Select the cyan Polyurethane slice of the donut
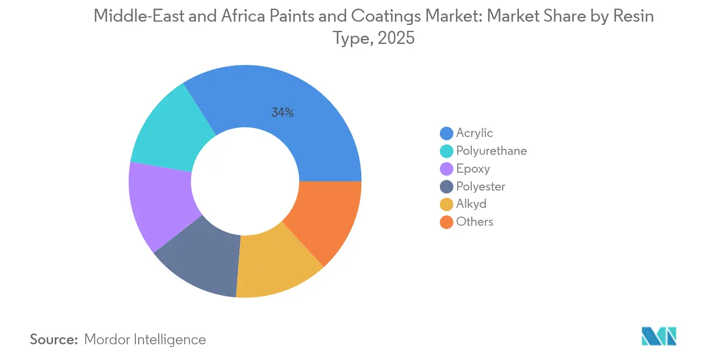click(x=171, y=130)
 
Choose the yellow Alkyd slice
click(x=274, y=263)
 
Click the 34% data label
click(x=282, y=113)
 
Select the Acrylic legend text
click(x=474, y=133)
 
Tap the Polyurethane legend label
click(x=491, y=150)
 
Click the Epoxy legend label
click(x=473, y=168)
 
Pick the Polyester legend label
click(x=480, y=186)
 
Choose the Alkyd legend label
click(x=471, y=204)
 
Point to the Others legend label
click(x=474, y=222)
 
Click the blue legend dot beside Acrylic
click(x=446, y=133)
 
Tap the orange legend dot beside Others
click(x=446, y=222)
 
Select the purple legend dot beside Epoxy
click(x=446, y=169)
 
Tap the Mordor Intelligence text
click(x=145, y=339)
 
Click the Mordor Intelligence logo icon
click(x=659, y=336)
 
